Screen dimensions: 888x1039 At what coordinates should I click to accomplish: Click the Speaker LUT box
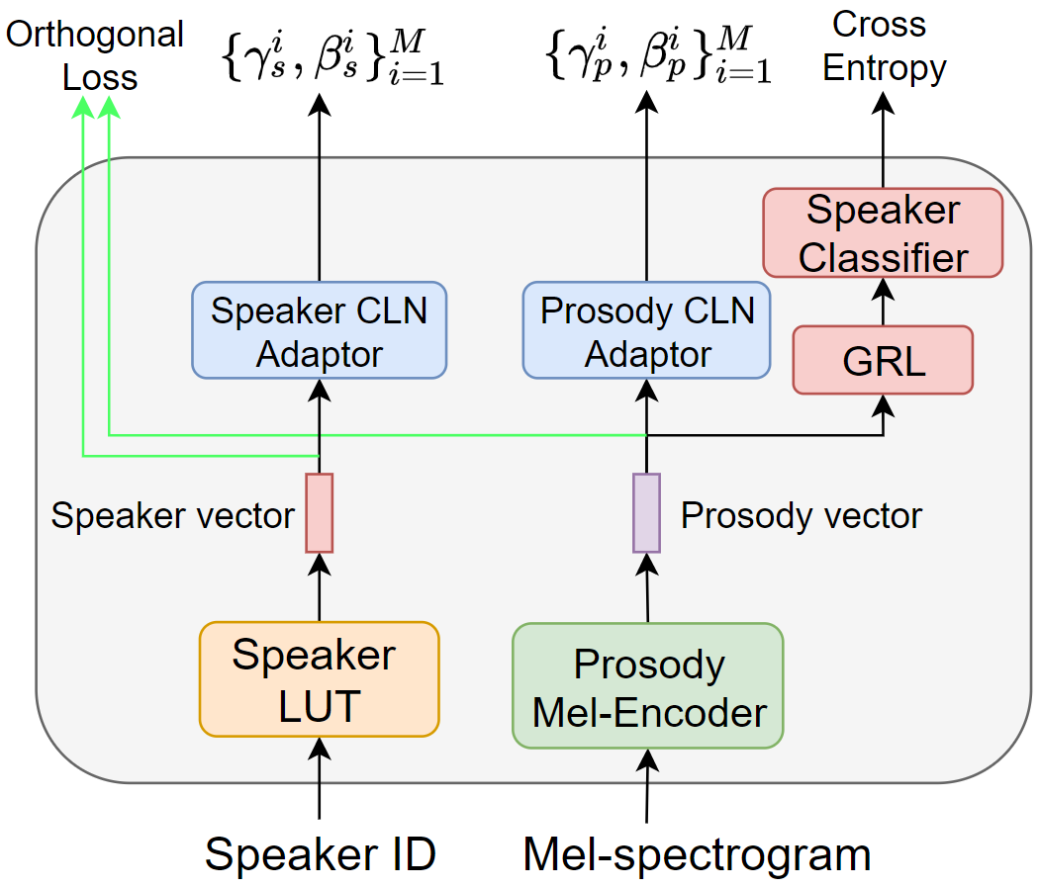319,678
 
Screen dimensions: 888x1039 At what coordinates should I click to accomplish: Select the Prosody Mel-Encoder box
648,686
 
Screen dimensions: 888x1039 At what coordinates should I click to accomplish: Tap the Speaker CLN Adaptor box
320,330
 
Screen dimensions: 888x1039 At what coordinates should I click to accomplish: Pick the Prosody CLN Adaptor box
647,330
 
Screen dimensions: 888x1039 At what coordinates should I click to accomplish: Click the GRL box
883,360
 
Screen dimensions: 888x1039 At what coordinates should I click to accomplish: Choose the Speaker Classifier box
883,233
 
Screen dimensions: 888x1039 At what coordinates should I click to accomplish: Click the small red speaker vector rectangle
320,512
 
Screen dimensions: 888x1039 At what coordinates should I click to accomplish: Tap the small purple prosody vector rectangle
646,512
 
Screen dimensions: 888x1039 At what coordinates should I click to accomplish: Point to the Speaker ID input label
320,853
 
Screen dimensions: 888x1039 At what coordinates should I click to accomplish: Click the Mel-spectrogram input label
697,853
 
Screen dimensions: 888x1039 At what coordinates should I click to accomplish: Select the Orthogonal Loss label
95,55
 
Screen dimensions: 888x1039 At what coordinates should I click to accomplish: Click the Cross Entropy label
884,46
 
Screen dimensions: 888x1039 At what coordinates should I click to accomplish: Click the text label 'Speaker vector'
172,515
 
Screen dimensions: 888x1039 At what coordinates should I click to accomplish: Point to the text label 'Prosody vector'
801,515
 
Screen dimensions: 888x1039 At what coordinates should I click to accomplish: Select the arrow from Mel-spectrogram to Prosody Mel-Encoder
647,786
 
